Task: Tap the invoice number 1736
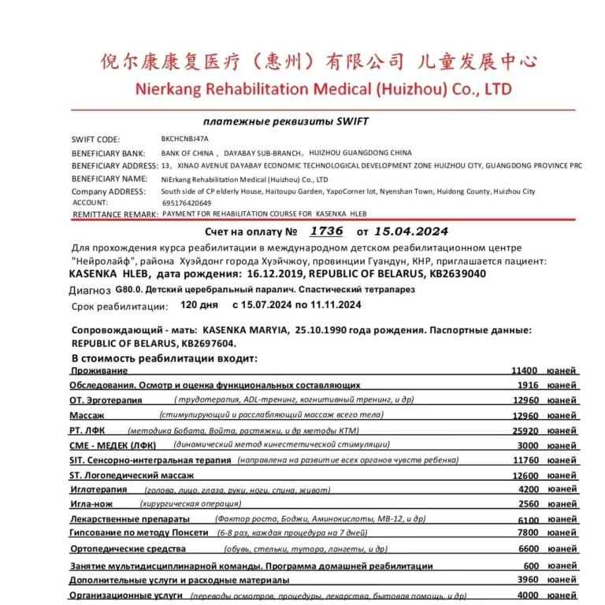pos(327,232)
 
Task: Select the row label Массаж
pos(87,415)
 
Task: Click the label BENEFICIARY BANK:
pos(108,153)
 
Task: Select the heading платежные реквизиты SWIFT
pos(285,122)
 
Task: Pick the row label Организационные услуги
pos(126,596)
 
